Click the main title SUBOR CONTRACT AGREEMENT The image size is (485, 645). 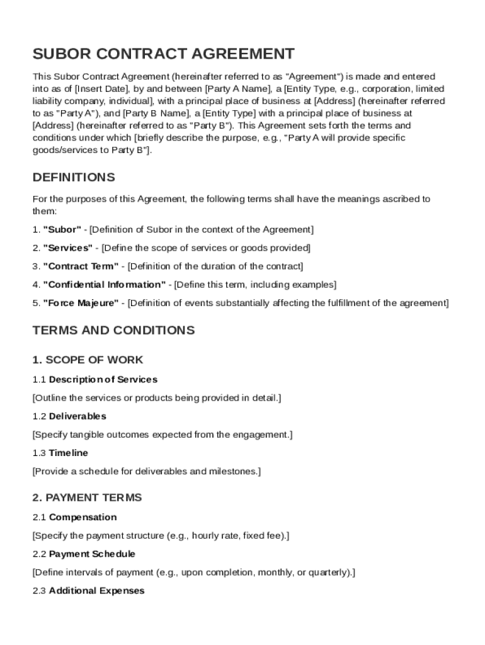[163, 54]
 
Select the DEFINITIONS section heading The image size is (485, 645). [74, 177]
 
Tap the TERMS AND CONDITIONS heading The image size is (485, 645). [113, 330]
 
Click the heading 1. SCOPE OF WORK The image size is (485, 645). [88, 360]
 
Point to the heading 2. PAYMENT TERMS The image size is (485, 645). [87, 497]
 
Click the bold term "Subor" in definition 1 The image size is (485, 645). [62, 229]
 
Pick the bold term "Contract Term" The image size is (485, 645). [80, 266]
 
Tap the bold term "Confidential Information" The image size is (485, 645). [105, 284]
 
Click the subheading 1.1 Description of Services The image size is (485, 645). [95, 379]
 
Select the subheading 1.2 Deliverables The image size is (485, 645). [69, 416]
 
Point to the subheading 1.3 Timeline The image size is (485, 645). [60, 453]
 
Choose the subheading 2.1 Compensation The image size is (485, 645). [74, 517]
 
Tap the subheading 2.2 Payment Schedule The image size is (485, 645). [84, 554]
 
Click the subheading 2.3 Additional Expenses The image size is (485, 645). [88, 590]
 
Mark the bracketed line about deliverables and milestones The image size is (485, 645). [146, 471]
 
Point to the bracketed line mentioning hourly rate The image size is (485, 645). [161, 535]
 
